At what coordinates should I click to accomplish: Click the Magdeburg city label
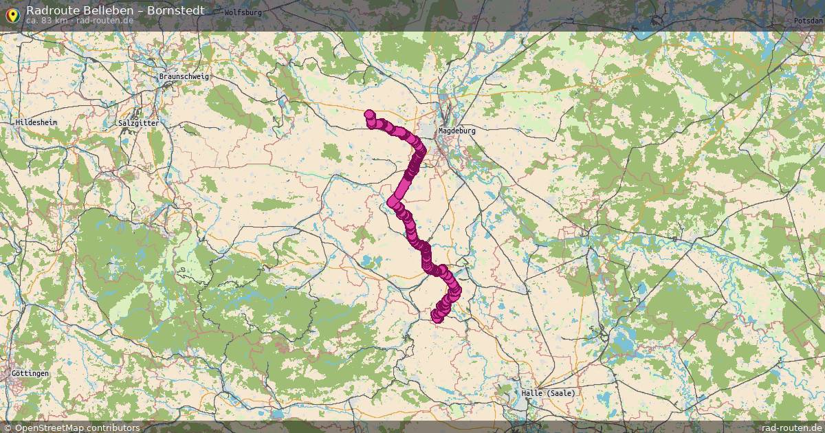point(456,130)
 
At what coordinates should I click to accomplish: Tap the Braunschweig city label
point(184,76)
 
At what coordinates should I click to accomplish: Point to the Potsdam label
point(808,21)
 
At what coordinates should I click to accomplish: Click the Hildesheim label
point(36,122)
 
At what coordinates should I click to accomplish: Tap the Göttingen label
point(30,373)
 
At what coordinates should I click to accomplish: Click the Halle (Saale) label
point(548,393)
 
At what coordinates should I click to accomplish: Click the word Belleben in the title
point(105,10)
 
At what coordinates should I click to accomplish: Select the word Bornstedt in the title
point(175,10)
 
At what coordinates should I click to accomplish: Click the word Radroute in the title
point(50,10)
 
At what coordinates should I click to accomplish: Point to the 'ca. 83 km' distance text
point(46,20)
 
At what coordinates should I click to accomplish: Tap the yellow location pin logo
point(12,13)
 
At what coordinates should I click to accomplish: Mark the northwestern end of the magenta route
point(370,115)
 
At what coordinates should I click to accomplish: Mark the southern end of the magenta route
point(437,317)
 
